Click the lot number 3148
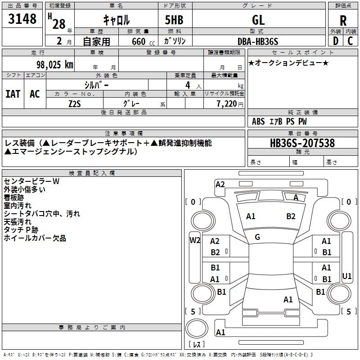(22, 19)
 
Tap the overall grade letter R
(343, 20)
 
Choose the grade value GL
(258, 20)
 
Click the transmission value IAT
(13, 94)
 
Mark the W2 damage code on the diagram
(195, 240)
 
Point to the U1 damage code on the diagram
(346, 276)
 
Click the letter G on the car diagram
(257, 237)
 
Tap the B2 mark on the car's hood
(291, 216)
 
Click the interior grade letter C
(351, 41)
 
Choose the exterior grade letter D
(335, 41)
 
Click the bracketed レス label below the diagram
(197, 345)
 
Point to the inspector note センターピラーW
(31, 181)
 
